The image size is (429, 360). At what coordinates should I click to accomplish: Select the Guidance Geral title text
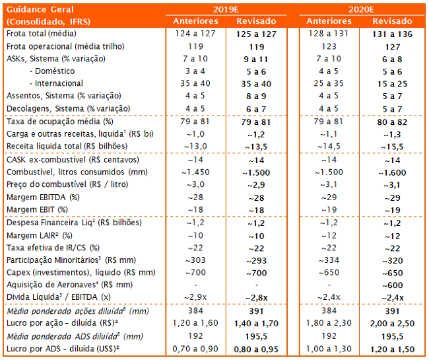coord(40,9)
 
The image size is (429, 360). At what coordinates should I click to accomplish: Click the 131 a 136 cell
coord(391,33)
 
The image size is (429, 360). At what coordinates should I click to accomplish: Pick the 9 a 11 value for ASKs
coord(257,59)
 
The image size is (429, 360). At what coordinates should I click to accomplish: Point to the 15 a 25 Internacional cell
coord(391,84)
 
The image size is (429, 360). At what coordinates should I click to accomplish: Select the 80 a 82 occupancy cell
coord(391,122)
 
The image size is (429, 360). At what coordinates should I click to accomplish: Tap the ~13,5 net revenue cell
coord(257,147)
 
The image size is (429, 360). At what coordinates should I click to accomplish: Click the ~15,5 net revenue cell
coord(391,147)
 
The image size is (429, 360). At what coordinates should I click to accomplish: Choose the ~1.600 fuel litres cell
coord(391,172)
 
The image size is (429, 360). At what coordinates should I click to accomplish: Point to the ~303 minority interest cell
coord(191,260)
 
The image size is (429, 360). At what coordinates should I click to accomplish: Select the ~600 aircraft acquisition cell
coord(391,285)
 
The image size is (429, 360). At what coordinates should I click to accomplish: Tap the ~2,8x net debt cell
coord(257,297)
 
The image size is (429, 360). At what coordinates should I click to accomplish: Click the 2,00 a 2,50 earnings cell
coord(391,322)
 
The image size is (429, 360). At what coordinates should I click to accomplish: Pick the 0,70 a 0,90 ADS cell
coord(191,348)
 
